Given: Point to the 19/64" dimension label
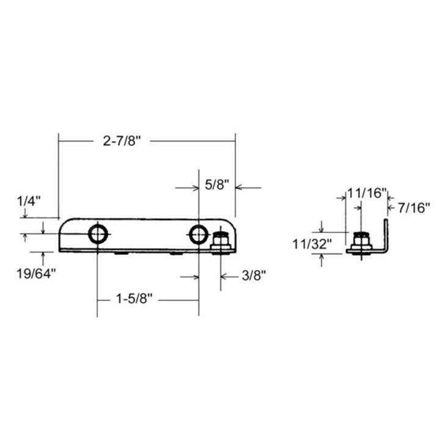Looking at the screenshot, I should tap(36, 273).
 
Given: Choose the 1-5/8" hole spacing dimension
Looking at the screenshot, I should tap(134, 299).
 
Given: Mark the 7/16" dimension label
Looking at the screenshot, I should tap(414, 207).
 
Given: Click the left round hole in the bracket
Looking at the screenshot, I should tap(98, 233).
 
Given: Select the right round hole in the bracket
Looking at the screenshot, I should tap(198, 233).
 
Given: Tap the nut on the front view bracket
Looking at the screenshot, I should tap(221, 242).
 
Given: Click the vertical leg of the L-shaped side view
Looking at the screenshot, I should tap(386, 235).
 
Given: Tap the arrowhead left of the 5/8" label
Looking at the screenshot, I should tap(194, 188).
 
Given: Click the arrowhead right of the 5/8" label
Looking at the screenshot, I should tap(240, 188).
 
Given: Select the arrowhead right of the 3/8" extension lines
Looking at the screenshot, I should tap(224, 277).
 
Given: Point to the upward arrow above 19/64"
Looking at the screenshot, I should tap(43, 255).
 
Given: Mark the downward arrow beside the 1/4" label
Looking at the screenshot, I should tap(24, 214).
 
